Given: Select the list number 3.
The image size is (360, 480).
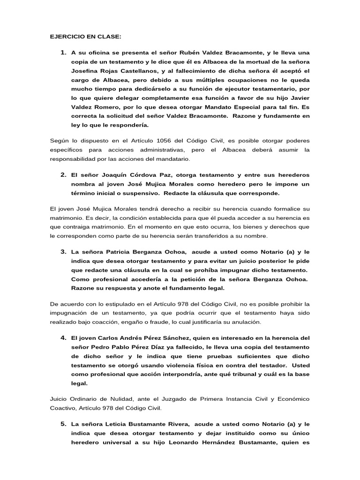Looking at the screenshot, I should tap(63, 252).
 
